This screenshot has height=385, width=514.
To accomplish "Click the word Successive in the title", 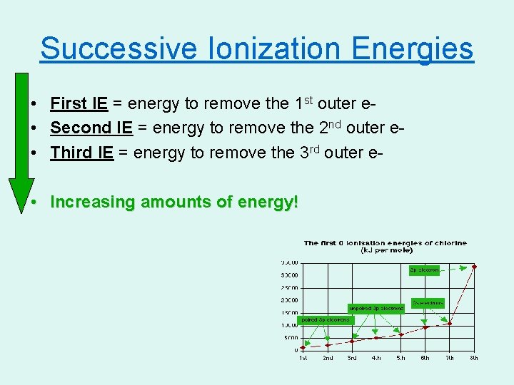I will [118, 48].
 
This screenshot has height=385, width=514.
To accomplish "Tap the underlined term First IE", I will [79, 104].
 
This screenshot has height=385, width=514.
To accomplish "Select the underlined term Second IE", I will [91, 128].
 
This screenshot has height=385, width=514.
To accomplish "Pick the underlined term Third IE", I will [82, 153].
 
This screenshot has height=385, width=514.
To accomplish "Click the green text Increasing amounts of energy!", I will [174, 202].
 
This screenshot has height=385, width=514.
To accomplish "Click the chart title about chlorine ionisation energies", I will [385, 247].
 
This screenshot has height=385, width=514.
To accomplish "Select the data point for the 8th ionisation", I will [474, 267].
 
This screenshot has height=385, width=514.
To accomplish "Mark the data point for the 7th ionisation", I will [450, 323].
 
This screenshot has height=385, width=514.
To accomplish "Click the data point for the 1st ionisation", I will [303, 347].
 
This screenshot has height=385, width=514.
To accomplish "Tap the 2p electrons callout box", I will [424, 270].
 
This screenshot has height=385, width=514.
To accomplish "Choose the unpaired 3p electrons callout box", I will [376, 308].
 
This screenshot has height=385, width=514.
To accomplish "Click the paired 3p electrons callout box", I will [325, 319].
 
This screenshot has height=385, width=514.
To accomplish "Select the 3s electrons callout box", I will [428, 302].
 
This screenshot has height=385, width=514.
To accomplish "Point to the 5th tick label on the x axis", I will [400, 358].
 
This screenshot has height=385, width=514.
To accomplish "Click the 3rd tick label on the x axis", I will [352, 358].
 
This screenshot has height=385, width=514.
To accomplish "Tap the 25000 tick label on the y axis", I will [289, 287].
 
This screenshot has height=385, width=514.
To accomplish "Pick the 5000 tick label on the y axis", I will [291, 338].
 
